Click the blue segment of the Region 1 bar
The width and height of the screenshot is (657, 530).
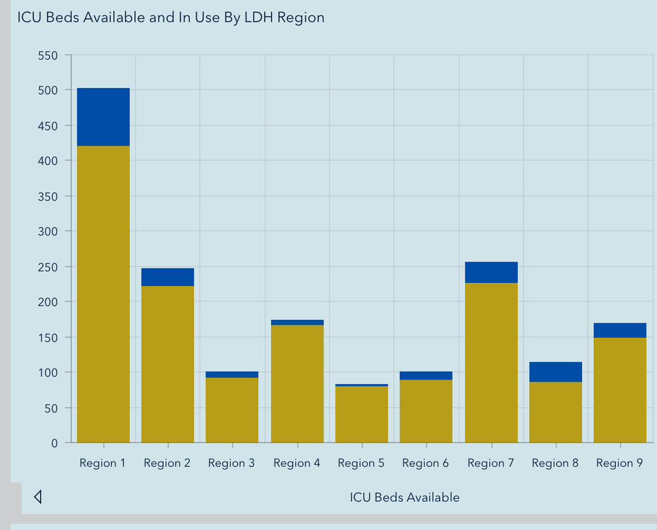coord(103,117)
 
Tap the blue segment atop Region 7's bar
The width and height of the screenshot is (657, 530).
coord(491,272)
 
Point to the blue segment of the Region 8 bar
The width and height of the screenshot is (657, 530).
coord(556,372)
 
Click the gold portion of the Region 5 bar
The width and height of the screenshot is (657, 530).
coord(362,414)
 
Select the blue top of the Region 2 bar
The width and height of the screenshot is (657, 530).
coord(168,277)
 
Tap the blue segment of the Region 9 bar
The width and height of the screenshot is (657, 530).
coord(620,330)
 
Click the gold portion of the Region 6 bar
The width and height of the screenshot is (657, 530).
coord(426,411)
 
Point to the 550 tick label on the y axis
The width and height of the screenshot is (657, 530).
coord(48,55)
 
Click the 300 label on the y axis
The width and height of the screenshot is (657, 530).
coord(48,231)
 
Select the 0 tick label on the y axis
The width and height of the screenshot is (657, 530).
coord(54,443)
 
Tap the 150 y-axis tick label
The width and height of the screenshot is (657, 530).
coord(48,337)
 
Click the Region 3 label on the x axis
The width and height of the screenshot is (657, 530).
coord(231,463)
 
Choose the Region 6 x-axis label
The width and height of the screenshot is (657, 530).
coord(426,463)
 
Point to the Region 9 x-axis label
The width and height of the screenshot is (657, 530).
coord(619,463)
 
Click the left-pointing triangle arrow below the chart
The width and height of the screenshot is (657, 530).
coord(38,497)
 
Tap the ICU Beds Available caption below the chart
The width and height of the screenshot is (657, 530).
coord(404,497)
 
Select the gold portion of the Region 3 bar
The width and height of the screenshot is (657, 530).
coord(232,410)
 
